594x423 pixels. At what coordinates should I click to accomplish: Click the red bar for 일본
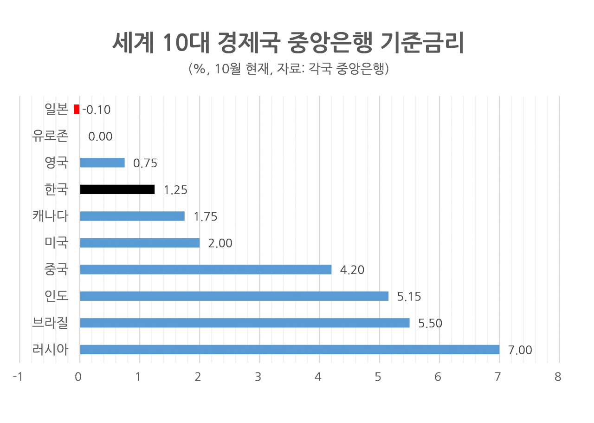77,109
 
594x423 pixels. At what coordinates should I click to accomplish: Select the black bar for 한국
117,189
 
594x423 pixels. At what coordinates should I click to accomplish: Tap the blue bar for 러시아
290,350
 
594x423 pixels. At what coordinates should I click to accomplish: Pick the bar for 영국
103,163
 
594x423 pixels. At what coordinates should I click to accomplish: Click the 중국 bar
206,269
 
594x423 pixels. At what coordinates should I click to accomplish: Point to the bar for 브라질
245,323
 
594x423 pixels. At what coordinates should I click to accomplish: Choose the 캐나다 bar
132,216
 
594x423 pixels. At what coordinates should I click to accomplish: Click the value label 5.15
409,296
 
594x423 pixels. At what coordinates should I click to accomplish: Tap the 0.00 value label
100,137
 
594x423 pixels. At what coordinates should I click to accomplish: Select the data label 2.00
220,243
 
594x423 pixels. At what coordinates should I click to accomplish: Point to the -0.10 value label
97,110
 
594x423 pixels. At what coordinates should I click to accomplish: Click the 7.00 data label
520,350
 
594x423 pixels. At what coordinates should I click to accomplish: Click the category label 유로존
50,136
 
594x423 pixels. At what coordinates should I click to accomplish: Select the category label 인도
56,296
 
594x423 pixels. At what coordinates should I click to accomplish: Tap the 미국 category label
56,242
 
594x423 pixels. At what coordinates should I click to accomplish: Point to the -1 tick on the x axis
18,377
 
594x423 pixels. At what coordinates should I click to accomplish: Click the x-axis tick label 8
558,377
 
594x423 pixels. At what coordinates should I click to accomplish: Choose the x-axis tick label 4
318,377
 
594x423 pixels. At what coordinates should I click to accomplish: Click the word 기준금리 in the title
422,42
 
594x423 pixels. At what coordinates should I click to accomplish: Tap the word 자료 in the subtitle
289,68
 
